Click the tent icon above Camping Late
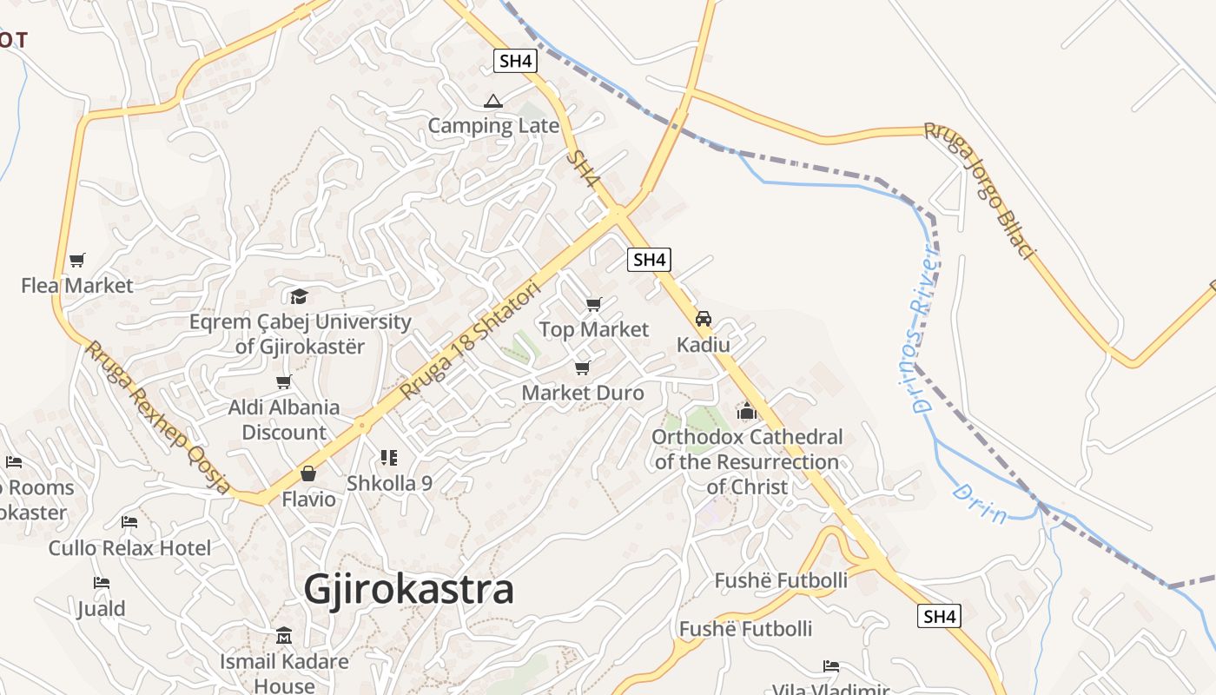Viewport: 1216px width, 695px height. click(x=493, y=101)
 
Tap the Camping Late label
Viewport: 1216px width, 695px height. click(x=493, y=126)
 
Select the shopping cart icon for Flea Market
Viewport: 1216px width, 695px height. click(x=77, y=260)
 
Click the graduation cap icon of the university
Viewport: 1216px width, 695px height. click(x=299, y=296)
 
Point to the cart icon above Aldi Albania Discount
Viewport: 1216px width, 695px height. click(x=283, y=382)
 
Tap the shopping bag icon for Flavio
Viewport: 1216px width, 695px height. click(x=307, y=473)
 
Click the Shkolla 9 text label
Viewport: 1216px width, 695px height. click(x=389, y=484)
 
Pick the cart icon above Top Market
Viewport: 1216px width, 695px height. click(x=593, y=304)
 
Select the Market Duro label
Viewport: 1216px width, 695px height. click(x=583, y=393)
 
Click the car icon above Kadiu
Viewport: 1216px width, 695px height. click(x=704, y=319)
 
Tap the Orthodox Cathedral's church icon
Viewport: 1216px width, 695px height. click(x=747, y=411)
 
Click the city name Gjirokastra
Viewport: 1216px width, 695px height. click(x=408, y=590)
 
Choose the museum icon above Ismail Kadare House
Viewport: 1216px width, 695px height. click(x=284, y=636)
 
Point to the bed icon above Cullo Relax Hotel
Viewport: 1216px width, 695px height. click(x=129, y=522)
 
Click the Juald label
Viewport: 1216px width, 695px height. click(x=102, y=608)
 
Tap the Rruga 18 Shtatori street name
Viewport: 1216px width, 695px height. click(x=470, y=341)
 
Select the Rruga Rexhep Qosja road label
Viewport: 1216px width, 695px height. click(x=157, y=417)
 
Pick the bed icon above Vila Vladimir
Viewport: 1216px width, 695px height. click(x=831, y=666)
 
